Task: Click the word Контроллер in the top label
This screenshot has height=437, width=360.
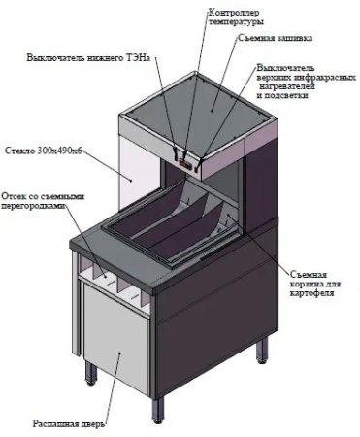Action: point(234,13)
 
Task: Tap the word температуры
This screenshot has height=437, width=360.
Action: point(236,22)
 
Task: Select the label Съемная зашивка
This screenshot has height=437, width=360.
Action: point(276,38)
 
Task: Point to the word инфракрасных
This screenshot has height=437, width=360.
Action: point(325,78)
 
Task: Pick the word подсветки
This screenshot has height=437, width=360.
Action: point(287,96)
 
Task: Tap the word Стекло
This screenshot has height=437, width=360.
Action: point(19,151)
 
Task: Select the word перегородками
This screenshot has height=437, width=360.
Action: point(34,206)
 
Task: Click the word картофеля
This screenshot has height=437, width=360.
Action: point(311,293)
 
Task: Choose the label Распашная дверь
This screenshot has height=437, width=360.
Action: point(69,423)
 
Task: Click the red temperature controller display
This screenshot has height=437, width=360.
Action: point(186,164)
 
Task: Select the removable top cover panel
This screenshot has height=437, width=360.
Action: point(200,105)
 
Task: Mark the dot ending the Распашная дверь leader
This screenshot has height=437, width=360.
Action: point(120,353)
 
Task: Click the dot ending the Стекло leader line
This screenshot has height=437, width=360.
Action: point(132,181)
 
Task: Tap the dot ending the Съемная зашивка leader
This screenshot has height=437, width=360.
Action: point(212,111)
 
